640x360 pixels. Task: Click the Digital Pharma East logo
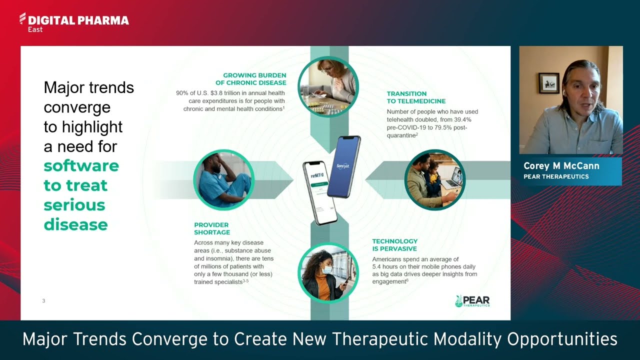[73, 22]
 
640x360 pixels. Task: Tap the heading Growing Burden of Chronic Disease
[254, 79]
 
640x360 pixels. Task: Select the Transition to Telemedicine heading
[416, 97]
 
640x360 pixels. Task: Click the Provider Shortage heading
[212, 228]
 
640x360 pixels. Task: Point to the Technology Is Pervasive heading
[394, 245]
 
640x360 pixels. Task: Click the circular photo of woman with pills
[328, 86]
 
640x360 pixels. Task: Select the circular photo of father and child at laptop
[434, 180]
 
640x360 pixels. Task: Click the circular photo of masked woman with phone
[328, 273]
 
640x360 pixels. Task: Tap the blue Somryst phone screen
[343, 166]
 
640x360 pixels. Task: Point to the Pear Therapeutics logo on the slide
[472, 301]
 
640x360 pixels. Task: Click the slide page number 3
[43, 301]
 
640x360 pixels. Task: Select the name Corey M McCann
[561, 166]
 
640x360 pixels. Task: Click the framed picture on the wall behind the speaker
[549, 82]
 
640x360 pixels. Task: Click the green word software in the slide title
[81, 165]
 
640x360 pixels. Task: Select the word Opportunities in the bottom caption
[562, 339]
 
